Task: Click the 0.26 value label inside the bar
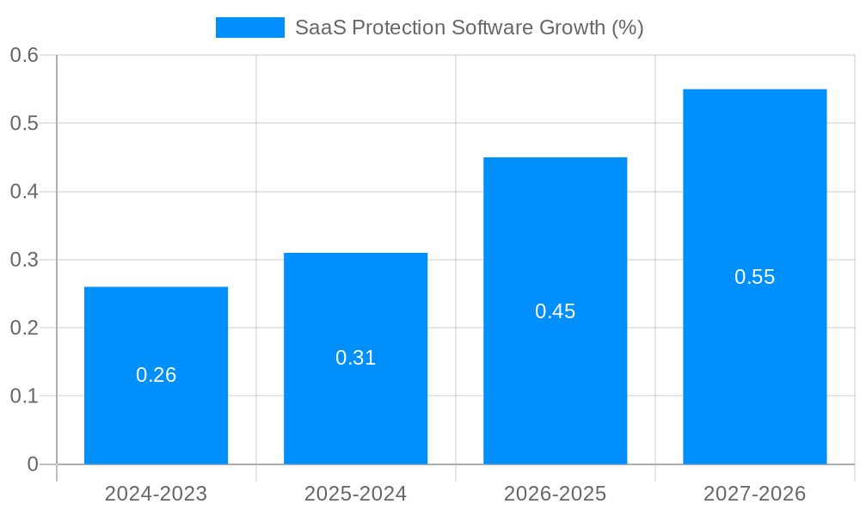tap(156, 375)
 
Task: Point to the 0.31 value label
tap(355, 358)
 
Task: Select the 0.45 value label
tap(555, 311)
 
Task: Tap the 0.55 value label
tap(754, 277)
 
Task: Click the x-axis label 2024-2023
tap(156, 494)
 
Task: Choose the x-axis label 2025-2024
tap(355, 494)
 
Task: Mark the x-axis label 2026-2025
tap(555, 494)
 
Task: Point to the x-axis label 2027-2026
tap(754, 494)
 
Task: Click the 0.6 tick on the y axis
tap(24, 55)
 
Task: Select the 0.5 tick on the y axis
tap(24, 123)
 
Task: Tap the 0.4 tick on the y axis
tap(24, 192)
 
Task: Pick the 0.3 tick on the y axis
tap(24, 260)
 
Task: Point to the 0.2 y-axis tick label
tap(24, 328)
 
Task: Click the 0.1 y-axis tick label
tap(24, 396)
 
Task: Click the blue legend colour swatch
tap(249, 28)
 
